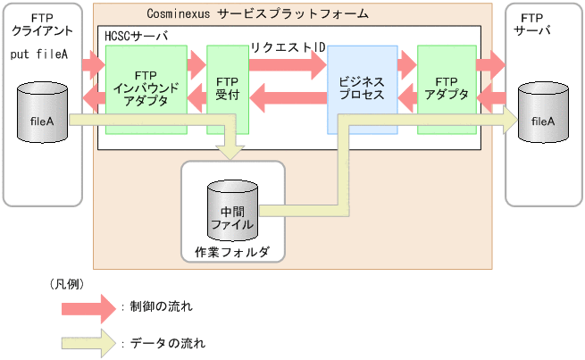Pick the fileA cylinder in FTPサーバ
pyautogui.click(x=543, y=113)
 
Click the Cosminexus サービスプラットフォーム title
pyautogui.click(x=258, y=15)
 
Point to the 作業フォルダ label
pyautogui.click(x=231, y=252)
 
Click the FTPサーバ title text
pyautogui.click(x=532, y=24)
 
